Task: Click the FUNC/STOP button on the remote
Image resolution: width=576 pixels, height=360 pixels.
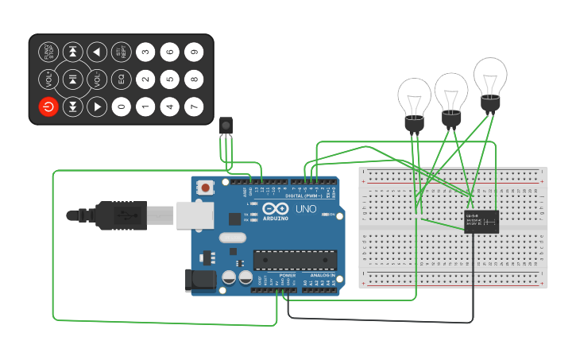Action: pyautogui.click(x=48, y=52)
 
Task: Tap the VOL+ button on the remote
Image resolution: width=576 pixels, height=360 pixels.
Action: pyautogui.click(x=48, y=79)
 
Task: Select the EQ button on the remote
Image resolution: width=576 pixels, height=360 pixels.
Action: pyautogui.click(x=121, y=79)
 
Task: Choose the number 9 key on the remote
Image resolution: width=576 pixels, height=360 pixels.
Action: pyautogui.click(x=194, y=52)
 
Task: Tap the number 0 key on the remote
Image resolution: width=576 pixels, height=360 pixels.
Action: pyautogui.click(x=121, y=106)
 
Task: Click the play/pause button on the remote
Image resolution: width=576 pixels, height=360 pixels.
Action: pyautogui.click(x=72, y=79)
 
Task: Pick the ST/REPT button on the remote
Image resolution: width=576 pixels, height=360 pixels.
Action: pyautogui.click(x=121, y=52)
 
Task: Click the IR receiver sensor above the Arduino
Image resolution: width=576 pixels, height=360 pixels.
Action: pyautogui.click(x=226, y=126)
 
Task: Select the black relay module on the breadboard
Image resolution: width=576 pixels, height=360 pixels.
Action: pyautogui.click(x=481, y=221)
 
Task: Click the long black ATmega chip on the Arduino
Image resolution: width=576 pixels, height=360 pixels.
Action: pyautogui.click(x=295, y=259)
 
